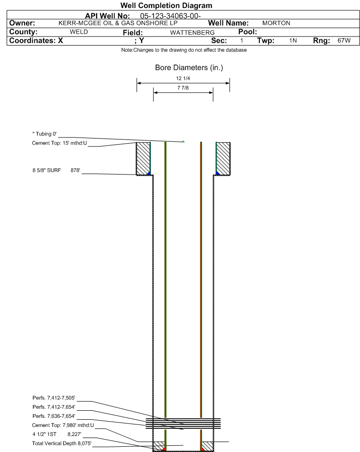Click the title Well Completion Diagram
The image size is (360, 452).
[166, 6]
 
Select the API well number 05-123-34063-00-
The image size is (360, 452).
[170, 16]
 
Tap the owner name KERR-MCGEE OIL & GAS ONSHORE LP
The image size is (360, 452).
[118, 23]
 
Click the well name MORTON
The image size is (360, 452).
[276, 23]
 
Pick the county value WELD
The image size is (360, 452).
[79, 32]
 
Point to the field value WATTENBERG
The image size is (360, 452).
[192, 33]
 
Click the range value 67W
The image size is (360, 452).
[344, 40]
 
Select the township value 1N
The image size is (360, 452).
[293, 40]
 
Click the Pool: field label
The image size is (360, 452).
[248, 32]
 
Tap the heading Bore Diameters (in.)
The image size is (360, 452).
[189, 67]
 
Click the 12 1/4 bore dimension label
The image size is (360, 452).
[183, 78]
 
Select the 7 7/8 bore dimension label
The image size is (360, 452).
[183, 88]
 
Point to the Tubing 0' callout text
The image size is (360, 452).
[45, 134]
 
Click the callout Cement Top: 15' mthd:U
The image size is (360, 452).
[59, 143]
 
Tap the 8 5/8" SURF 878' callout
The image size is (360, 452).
[56, 170]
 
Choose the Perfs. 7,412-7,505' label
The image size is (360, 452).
[54, 398]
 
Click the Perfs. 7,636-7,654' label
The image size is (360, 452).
[54, 416]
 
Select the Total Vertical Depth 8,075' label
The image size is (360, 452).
[62, 443]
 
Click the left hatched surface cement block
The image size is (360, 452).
[143, 158]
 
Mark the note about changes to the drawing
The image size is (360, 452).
[184, 50]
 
